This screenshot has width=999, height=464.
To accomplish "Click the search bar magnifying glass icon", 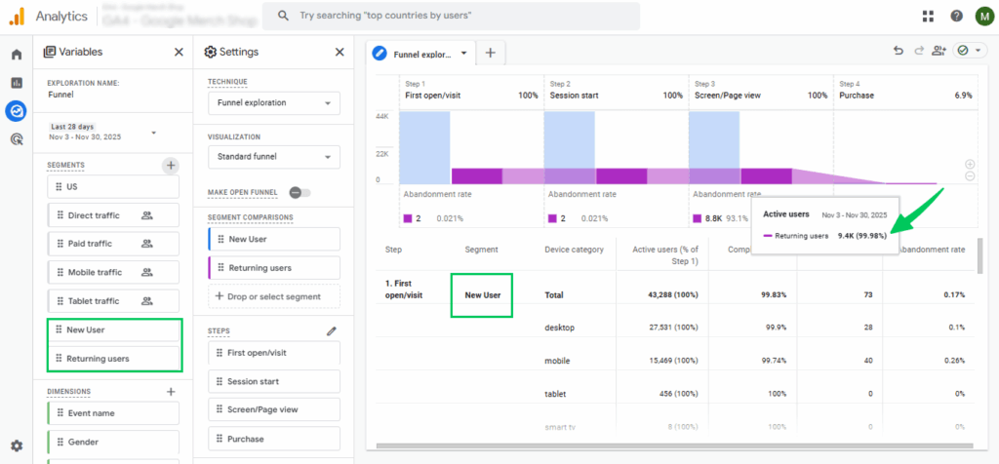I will pyautogui.click(x=282, y=16).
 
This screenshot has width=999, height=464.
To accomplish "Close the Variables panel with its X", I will pyautogui.click(x=179, y=53).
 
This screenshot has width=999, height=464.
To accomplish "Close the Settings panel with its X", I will pyautogui.click(x=340, y=53).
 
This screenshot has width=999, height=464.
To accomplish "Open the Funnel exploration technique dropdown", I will pyautogui.click(x=274, y=102).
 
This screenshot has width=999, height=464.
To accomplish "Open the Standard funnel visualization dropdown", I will pyautogui.click(x=274, y=157).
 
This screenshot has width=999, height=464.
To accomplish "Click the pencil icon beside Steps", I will pyautogui.click(x=332, y=331).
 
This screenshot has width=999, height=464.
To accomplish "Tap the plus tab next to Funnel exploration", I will pyautogui.click(x=490, y=54).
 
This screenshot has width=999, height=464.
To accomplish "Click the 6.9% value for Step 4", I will pyautogui.click(x=963, y=96).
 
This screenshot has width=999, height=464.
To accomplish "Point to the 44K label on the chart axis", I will pyautogui.click(x=383, y=117).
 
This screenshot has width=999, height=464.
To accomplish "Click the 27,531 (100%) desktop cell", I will pyautogui.click(x=666, y=329).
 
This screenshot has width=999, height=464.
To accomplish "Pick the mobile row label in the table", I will pyautogui.click(x=558, y=361).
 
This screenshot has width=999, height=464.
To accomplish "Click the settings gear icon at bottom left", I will pyautogui.click(x=16, y=446).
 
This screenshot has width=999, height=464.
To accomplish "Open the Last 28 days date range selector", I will pyautogui.click(x=102, y=132).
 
